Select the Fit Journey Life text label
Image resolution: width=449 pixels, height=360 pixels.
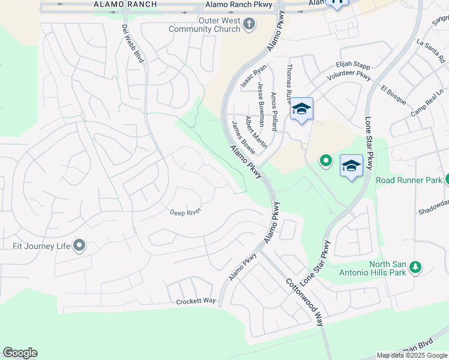[x=41, y=245]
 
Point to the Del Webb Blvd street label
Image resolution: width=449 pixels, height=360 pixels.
[x=133, y=44]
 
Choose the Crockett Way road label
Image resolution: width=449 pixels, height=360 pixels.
[x=196, y=301]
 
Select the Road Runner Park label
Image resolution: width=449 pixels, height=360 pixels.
[x=409, y=180]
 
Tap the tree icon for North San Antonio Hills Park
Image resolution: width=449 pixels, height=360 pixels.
[x=415, y=266]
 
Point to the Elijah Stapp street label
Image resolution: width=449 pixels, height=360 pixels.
[x=354, y=65]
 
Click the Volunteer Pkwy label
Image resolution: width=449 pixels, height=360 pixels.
[x=349, y=77]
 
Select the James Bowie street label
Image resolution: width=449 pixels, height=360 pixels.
[x=243, y=137]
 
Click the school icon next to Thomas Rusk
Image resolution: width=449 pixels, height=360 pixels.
[x=301, y=109]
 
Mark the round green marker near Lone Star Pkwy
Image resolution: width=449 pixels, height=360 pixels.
[x=325, y=161]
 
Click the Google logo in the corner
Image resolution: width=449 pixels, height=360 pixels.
[x=20, y=353]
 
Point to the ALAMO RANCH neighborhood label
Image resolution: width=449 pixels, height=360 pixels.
[x=125, y=4]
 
